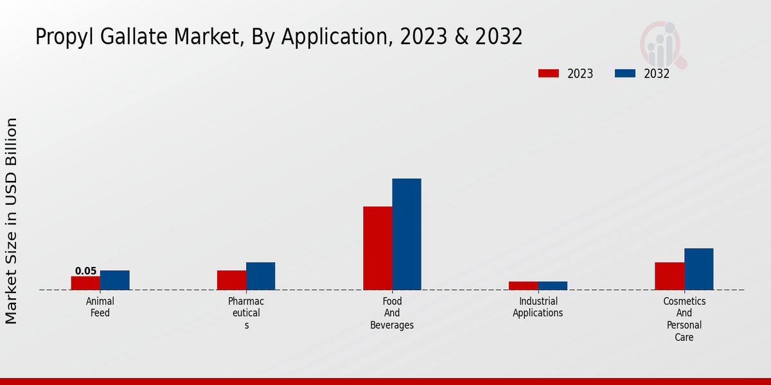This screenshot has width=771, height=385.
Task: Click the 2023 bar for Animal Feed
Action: (85, 283)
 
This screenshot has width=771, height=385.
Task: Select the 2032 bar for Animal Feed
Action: (115, 280)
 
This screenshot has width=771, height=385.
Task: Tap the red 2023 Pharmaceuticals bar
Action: (231, 280)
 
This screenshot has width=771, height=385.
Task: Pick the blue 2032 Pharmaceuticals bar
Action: (261, 276)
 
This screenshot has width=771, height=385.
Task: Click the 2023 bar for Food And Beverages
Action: (378, 248)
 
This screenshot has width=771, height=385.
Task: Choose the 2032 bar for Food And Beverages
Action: (407, 234)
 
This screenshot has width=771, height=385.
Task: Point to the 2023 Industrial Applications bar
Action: (524, 286)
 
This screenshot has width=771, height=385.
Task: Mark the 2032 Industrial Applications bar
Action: (553, 286)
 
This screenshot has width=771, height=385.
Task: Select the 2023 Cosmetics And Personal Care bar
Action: (669, 276)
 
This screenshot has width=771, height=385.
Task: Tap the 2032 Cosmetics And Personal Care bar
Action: (699, 269)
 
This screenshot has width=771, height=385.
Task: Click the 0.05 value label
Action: (85, 271)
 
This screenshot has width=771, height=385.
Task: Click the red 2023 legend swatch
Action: (549, 74)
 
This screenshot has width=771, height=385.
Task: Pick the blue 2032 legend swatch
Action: (625, 74)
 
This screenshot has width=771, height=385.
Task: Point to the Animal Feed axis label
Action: (100, 307)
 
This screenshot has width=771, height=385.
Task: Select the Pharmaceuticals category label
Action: (246, 313)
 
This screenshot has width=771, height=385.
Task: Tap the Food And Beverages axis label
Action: (392, 313)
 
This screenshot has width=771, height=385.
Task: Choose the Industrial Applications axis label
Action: (538, 307)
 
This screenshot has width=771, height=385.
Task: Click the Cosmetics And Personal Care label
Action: (684, 319)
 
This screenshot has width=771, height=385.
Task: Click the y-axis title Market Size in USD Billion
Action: (12, 221)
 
